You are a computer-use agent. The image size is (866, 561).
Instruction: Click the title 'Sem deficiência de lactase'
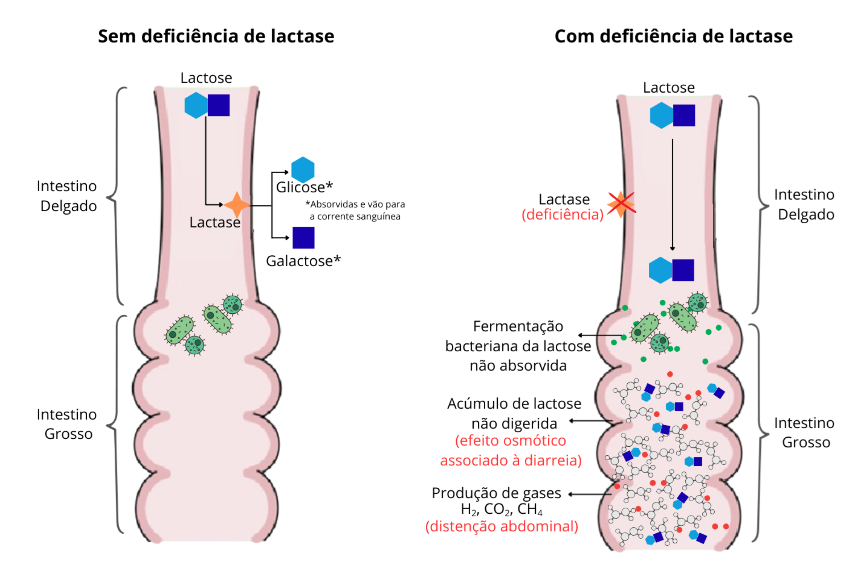(216, 36)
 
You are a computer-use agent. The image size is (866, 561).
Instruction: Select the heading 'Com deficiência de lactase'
(673, 36)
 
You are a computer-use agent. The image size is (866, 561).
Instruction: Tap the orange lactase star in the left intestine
(237, 205)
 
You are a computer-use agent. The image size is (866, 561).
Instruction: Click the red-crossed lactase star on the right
(621, 204)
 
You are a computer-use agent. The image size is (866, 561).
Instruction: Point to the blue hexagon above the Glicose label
(303, 170)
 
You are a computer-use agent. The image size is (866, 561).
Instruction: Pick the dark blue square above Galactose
(304, 238)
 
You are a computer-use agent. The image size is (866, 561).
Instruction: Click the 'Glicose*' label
(304, 187)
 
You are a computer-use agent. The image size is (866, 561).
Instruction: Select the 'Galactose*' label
(303, 261)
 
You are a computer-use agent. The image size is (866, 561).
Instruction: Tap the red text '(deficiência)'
(562, 215)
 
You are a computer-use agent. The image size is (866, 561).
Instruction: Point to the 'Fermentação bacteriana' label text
(518, 346)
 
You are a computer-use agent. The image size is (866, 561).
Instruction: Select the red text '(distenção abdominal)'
(502, 526)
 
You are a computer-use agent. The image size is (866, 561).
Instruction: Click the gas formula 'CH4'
(530, 509)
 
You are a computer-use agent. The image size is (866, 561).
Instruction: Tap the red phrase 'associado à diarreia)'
(511, 460)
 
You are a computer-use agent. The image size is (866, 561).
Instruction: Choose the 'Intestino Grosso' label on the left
(67, 424)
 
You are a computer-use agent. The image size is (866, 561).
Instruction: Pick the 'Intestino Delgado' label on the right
(804, 205)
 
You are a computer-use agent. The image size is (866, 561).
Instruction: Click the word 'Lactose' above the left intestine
(206, 78)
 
